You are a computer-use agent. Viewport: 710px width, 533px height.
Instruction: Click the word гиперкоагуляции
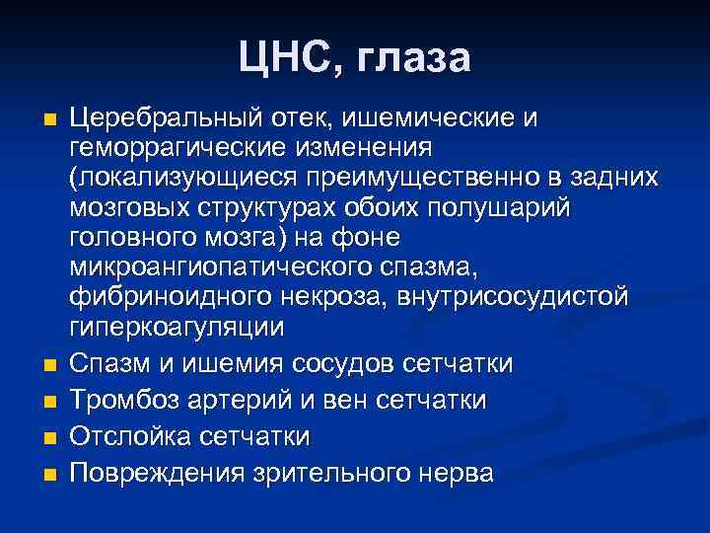tap(176, 327)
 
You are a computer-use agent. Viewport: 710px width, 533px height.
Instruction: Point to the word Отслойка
tap(128, 436)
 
